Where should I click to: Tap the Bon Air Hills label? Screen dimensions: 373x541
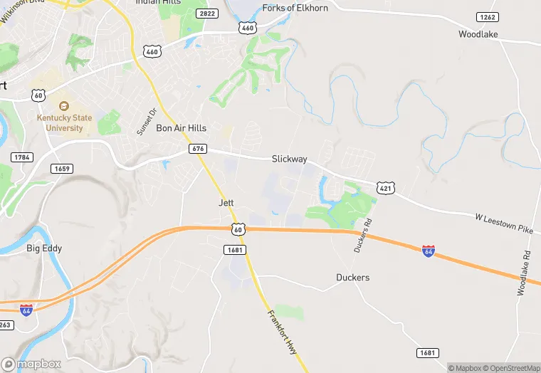[182, 128]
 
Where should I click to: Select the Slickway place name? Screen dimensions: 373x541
[289, 159]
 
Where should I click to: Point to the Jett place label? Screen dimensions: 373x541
[226, 203]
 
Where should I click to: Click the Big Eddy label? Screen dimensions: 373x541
[44, 248]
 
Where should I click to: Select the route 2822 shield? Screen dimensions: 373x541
[208, 14]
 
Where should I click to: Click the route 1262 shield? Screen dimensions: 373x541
[488, 17]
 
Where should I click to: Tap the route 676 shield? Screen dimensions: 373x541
[198, 148]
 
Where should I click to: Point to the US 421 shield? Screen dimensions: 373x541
[385, 187]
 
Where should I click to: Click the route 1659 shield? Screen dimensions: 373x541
[62, 168]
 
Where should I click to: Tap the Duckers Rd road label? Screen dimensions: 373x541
[363, 234]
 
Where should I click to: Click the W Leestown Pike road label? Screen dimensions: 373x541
[503, 222]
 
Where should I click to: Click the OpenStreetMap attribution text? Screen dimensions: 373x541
[510, 368]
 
